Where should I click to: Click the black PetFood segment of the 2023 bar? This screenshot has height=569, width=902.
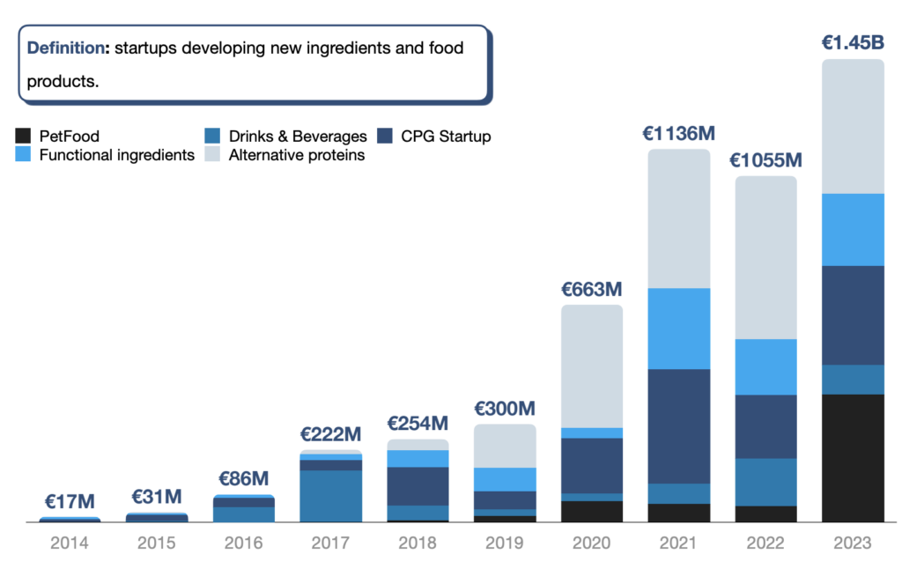853,457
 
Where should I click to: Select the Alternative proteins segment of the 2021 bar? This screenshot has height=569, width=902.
678,218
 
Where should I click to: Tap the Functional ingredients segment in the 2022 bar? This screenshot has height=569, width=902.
765,366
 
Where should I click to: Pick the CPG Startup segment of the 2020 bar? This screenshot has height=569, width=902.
592,465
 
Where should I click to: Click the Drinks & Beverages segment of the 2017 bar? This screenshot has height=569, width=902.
330,496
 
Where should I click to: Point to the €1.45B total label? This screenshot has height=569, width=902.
853,42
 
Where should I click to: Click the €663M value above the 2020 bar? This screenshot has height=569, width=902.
592,288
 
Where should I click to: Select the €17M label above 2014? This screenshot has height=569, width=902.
69,501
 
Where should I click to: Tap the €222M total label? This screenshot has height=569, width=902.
330,434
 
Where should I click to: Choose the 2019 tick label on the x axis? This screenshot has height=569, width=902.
505,543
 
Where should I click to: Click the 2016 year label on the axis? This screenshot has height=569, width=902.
243,543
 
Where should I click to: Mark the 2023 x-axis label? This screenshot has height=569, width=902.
853,543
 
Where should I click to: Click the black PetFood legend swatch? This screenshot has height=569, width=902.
24,137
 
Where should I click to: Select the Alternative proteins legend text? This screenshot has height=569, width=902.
296,156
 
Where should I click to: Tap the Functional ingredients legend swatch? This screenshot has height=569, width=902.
24,156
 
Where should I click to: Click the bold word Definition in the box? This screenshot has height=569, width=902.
66,48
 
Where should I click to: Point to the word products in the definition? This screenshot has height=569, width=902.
62,81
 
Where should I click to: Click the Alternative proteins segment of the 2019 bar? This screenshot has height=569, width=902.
505,446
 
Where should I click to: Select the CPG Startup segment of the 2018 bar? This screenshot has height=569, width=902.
418,485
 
